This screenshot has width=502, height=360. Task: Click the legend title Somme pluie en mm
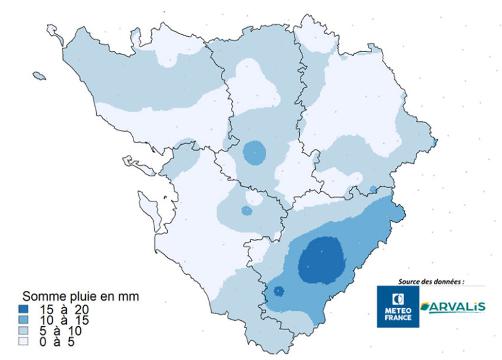pyautogui.click(x=81, y=297)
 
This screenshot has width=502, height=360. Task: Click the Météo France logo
pyautogui.click(x=397, y=307)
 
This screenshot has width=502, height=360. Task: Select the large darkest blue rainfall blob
pyautogui.click(x=320, y=260)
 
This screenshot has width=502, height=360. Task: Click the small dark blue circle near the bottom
pyautogui.click(x=279, y=291)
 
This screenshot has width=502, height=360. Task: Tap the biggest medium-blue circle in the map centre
pyautogui.click(x=254, y=151)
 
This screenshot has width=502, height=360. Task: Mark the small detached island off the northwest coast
pyautogui.click(x=39, y=77)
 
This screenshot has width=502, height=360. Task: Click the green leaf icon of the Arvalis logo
pyautogui.click(x=424, y=306)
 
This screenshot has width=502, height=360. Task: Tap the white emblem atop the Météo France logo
pyautogui.click(x=397, y=299)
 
